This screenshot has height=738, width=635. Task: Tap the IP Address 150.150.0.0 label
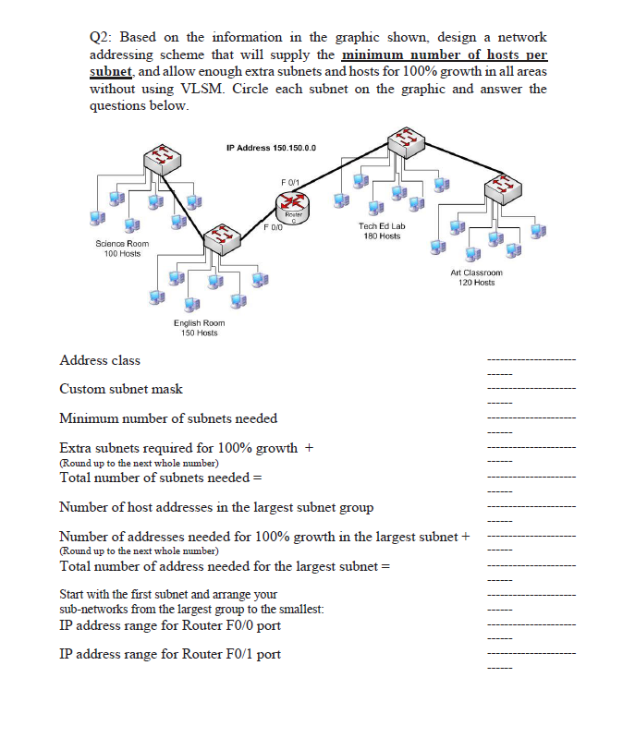271,148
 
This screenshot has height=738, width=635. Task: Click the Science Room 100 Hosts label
122,248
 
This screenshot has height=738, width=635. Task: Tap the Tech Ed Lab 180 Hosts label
382,230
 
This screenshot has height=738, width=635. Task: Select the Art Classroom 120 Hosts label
476,277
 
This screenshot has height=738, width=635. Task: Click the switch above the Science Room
164,160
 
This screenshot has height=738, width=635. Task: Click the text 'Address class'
100,359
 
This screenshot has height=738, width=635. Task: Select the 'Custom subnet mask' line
121,389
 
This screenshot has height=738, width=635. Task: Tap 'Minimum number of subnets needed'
168,418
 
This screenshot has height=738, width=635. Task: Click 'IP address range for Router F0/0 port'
170,625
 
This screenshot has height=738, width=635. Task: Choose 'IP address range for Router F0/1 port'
170,654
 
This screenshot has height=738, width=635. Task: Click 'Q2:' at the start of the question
102,37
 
